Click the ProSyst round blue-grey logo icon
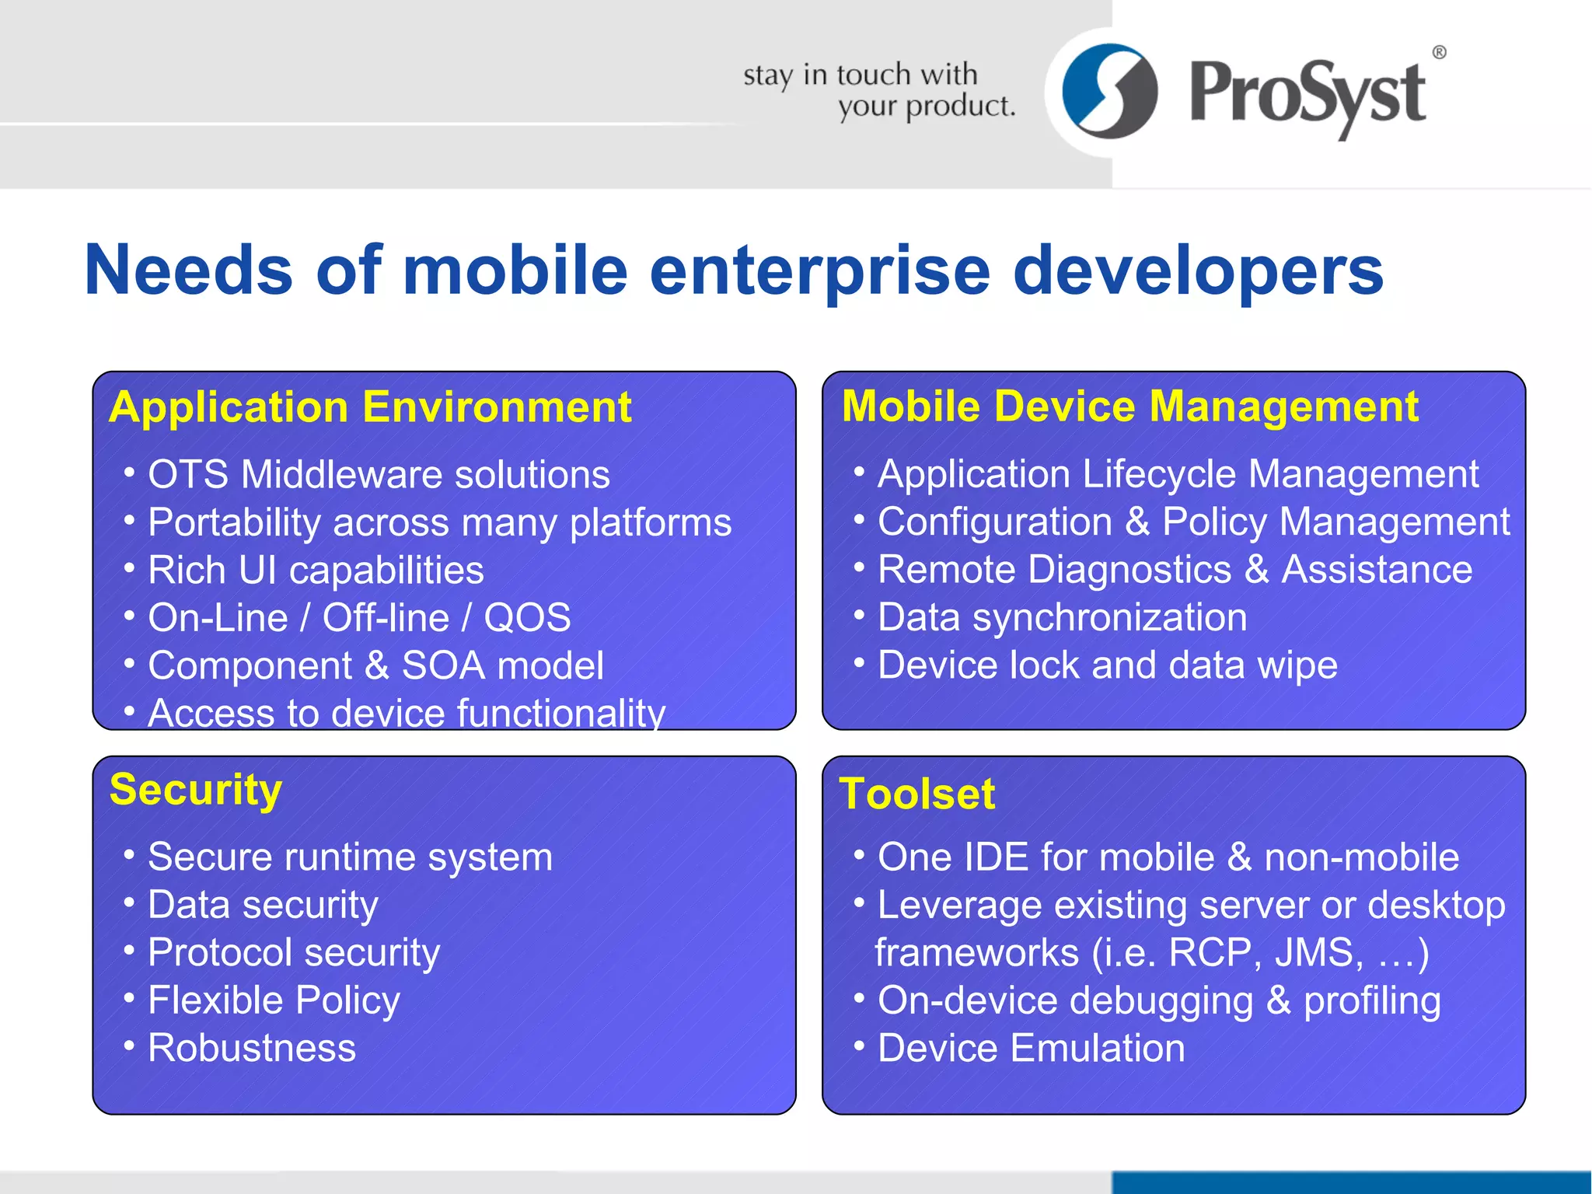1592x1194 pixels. pos(1109,91)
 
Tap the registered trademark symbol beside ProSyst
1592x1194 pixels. pos(1439,52)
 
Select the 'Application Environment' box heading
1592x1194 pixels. pos(370,407)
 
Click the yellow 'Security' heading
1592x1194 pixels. pos(196,790)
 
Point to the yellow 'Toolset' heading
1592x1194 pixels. pos(917,794)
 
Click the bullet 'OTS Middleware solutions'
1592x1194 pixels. pos(379,474)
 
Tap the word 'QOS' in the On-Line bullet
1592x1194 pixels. pos(527,618)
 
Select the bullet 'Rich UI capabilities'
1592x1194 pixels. pos(316,570)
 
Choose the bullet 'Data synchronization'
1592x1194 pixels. pos(1062,617)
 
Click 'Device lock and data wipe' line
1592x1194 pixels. pos(1107,665)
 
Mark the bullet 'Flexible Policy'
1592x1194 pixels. pos(274,1000)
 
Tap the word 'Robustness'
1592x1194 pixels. pos(252,1048)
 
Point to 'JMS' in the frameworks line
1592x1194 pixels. pos(1318,952)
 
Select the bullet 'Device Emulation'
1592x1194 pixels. pos(1031,1048)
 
